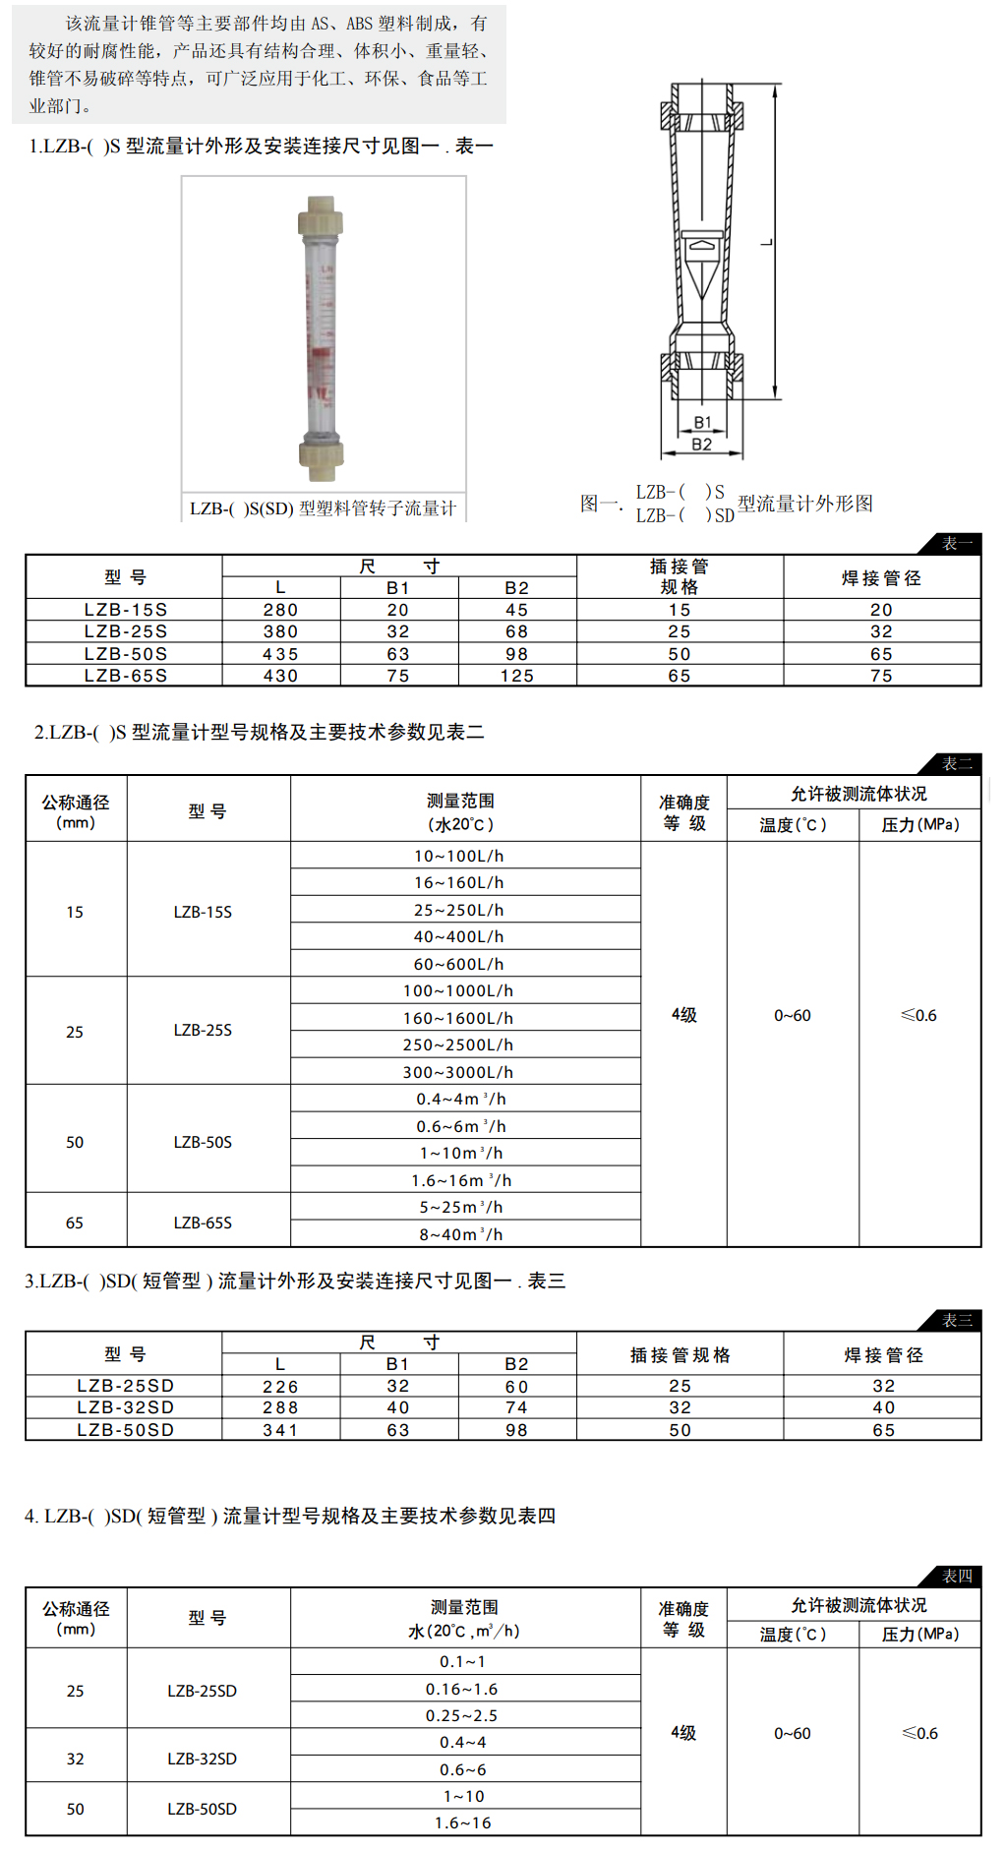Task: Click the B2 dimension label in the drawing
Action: tap(701, 445)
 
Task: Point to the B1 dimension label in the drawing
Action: tap(702, 422)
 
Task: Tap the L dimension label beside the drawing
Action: tap(767, 242)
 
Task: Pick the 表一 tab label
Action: tap(956, 543)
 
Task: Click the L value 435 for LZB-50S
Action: tap(280, 654)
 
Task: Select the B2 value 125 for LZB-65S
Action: tap(517, 676)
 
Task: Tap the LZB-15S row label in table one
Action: tap(125, 610)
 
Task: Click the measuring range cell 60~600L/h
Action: tap(458, 964)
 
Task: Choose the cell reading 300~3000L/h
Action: tap(458, 1072)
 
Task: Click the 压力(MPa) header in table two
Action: tap(919, 824)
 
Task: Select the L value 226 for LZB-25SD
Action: tap(280, 1386)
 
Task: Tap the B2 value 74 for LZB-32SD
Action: tap(517, 1407)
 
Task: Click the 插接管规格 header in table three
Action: tap(680, 1355)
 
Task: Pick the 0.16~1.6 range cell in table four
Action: tap(462, 1689)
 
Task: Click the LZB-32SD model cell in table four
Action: tap(203, 1759)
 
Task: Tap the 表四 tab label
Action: tap(956, 1576)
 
